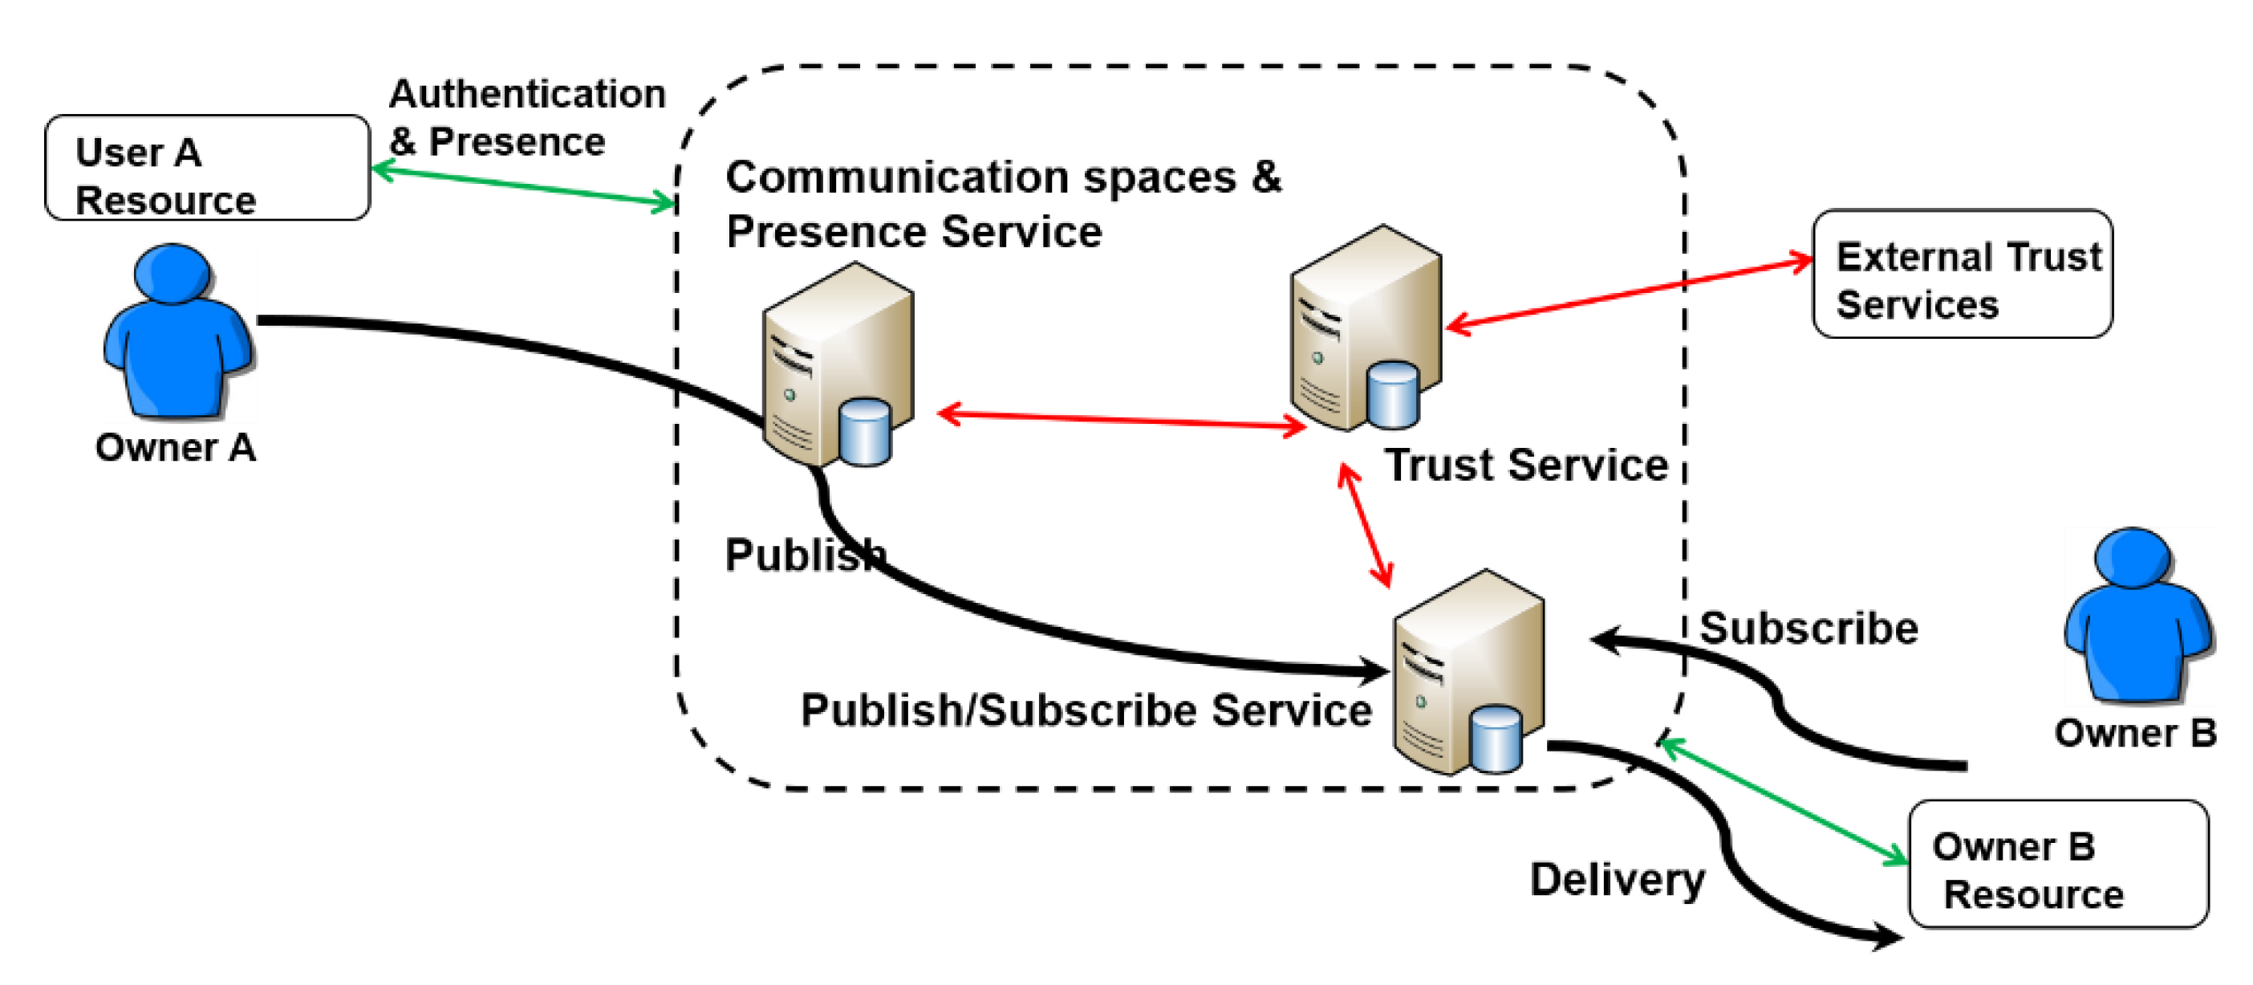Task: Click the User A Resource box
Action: pos(207,167)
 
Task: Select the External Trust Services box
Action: pos(1963,273)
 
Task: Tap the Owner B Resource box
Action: pos(2058,864)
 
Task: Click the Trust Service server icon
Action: pos(1366,328)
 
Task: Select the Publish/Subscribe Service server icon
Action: pos(1468,672)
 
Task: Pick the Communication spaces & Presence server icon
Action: pos(838,364)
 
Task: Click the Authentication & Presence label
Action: pos(527,117)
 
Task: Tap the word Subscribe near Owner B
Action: pos(1808,628)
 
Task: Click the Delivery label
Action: pos(1618,879)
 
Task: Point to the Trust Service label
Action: pos(1526,465)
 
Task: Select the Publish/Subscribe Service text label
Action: pos(1086,710)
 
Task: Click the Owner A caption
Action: pos(176,447)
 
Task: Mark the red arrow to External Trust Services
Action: pos(1630,293)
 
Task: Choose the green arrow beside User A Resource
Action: pos(525,186)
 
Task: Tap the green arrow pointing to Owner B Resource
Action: pos(1784,801)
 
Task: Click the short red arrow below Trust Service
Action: pos(1366,525)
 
